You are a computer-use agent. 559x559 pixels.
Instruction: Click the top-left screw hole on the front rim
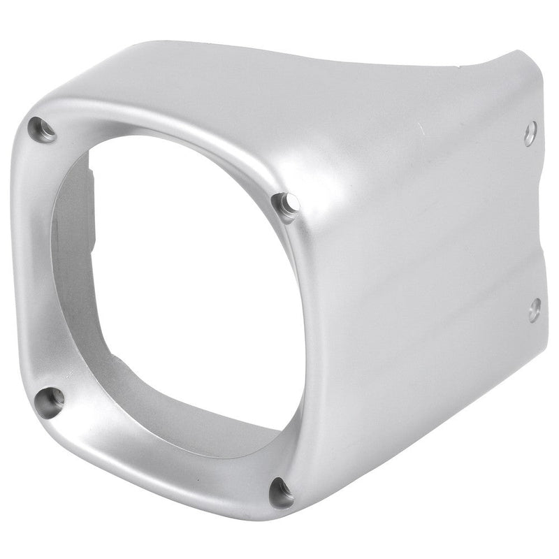(42, 129)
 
